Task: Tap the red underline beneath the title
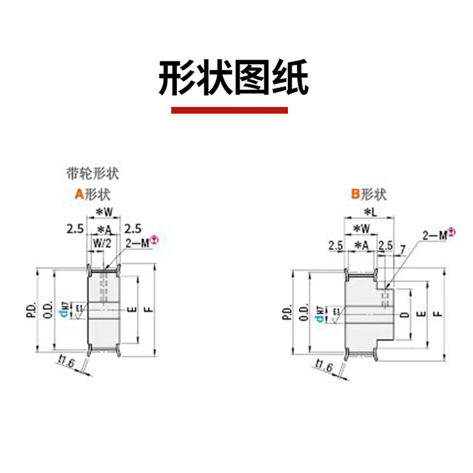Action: click(229, 111)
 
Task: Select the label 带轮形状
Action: click(92, 174)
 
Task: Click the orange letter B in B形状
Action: click(355, 193)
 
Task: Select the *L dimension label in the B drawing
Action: click(369, 212)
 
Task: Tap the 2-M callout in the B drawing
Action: click(438, 235)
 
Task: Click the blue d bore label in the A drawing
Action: click(71, 310)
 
